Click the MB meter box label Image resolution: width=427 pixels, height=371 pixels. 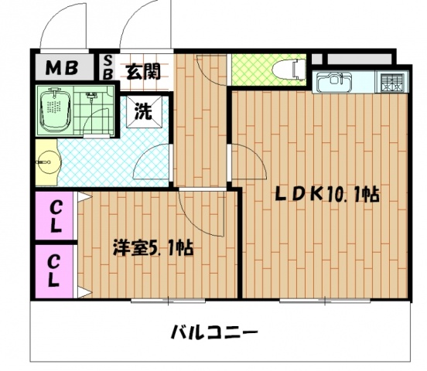pyautogui.click(x=62, y=68)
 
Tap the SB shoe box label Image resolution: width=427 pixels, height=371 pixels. pyautogui.click(x=108, y=67)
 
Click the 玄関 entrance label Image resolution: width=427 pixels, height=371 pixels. pyautogui.click(x=143, y=71)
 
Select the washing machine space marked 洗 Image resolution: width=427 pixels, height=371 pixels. pyautogui.click(x=144, y=111)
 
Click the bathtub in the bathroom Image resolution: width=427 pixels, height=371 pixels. pyautogui.click(x=56, y=111)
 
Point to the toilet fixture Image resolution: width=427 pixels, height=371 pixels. pyautogui.click(x=289, y=70)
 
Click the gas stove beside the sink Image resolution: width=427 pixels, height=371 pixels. pyautogui.click(x=391, y=83)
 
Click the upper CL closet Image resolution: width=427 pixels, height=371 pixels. pyautogui.click(x=54, y=216)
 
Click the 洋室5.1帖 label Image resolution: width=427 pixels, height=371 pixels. pyautogui.click(x=153, y=247)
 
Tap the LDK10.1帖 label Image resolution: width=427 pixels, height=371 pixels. pyautogui.click(x=326, y=194)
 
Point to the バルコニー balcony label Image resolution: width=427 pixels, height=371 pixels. pyautogui.click(x=214, y=332)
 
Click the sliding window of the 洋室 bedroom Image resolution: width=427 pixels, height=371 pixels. pyautogui.click(x=168, y=301)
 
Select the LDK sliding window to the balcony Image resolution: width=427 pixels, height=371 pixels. pyautogui.click(x=325, y=301)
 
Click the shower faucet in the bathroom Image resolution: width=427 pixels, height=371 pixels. pyautogui.click(x=91, y=96)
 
